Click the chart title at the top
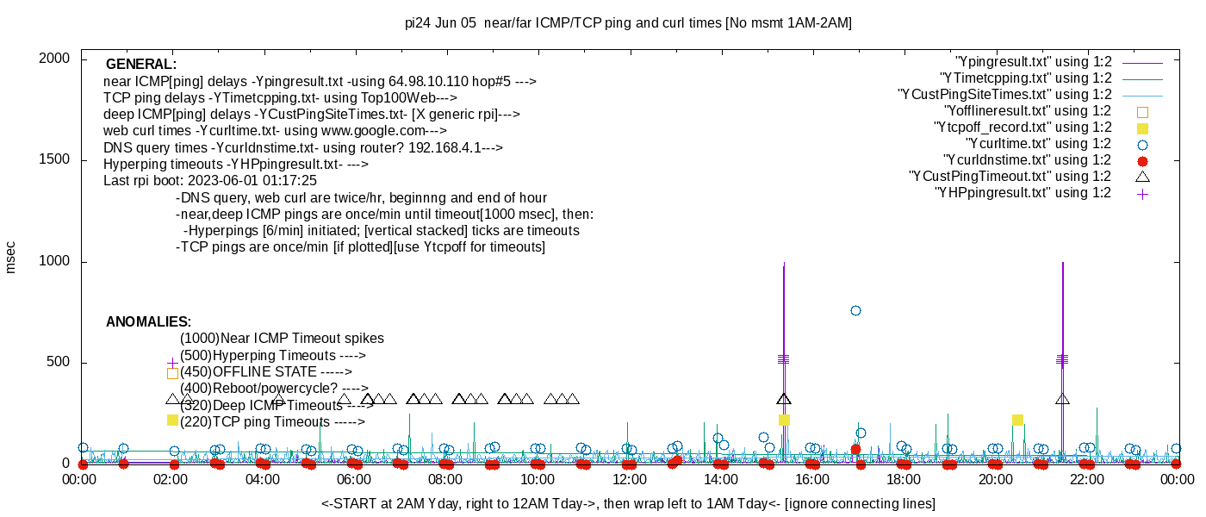(x=628, y=23)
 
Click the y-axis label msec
(x=11, y=257)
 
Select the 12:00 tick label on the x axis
(x=629, y=478)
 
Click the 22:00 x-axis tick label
(x=1085, y=478)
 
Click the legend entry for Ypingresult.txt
(x=1034, y=62)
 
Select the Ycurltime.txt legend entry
(x=1038, y=144)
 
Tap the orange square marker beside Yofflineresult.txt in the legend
(x=1142, y=112)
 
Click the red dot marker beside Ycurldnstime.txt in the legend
(x=1142, y=161)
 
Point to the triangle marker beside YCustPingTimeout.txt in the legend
(x=1142, y=177)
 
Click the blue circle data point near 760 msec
(x=855, y=310)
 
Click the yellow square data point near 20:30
(x=1017, y=420)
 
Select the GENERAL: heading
(x=141, y=65)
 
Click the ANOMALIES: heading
(x=148, y=322)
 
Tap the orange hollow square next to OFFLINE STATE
(x=172, y=373)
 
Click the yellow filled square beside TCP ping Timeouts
(x=172, y=420)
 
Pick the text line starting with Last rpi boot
(x=210, y=181)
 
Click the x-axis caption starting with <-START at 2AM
(x=628, y=503)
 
